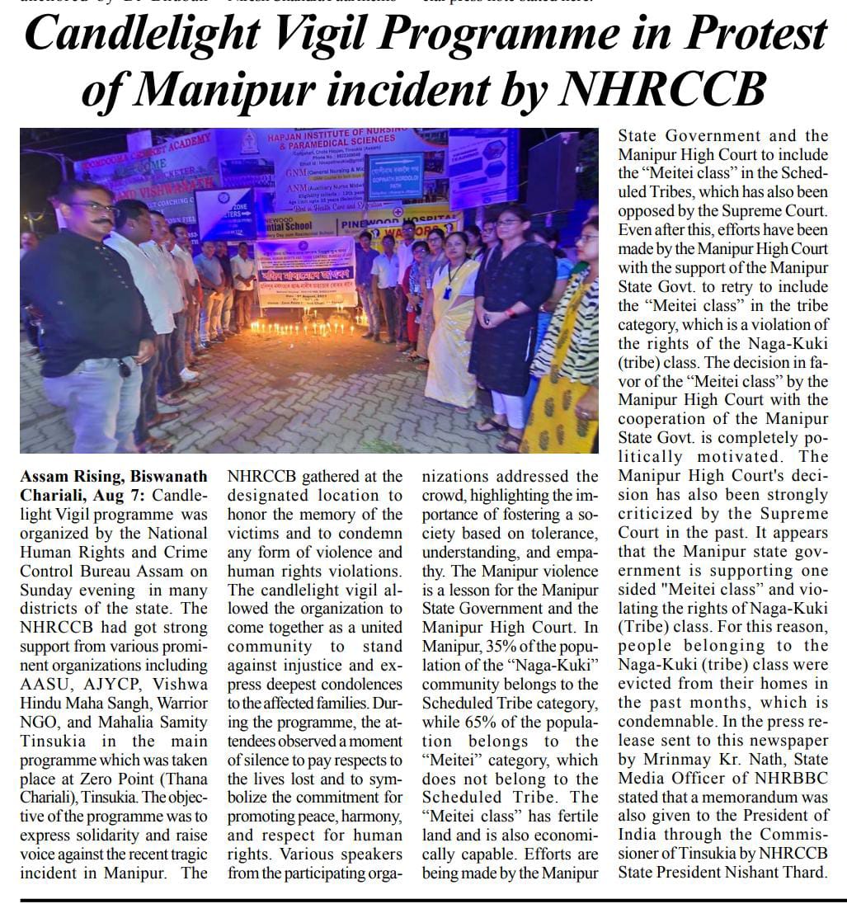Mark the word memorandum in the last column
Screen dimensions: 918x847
pos(752,798)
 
